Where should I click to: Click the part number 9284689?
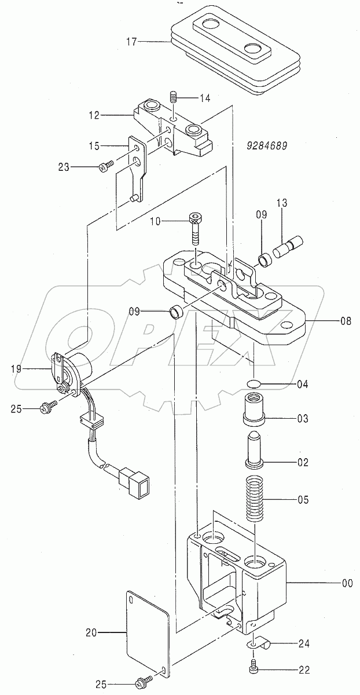(x=266, y=147)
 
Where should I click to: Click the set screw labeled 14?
(x=173, y=98)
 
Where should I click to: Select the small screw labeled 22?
(x=254, y=670)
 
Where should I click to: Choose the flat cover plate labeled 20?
(x=145, y=634)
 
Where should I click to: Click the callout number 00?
(x=347, y=584)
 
